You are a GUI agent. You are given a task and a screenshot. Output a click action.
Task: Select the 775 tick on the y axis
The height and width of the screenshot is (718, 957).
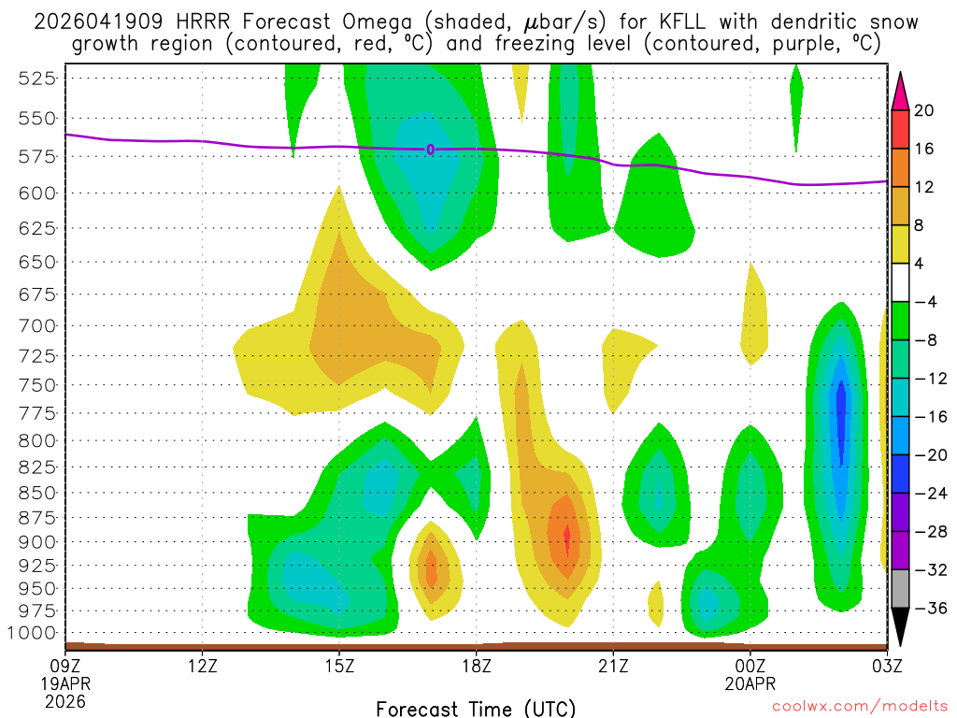[x=36, y=413]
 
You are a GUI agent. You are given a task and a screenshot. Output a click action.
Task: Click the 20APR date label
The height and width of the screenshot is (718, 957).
[x=750, y=682]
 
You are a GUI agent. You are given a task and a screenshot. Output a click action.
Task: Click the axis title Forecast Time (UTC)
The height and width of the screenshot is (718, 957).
[x=476, y=708]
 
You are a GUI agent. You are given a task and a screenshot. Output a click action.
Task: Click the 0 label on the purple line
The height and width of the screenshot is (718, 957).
[x=430, y=150]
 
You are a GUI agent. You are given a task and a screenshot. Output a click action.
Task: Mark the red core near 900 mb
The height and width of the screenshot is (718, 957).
[x=566, y=538]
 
